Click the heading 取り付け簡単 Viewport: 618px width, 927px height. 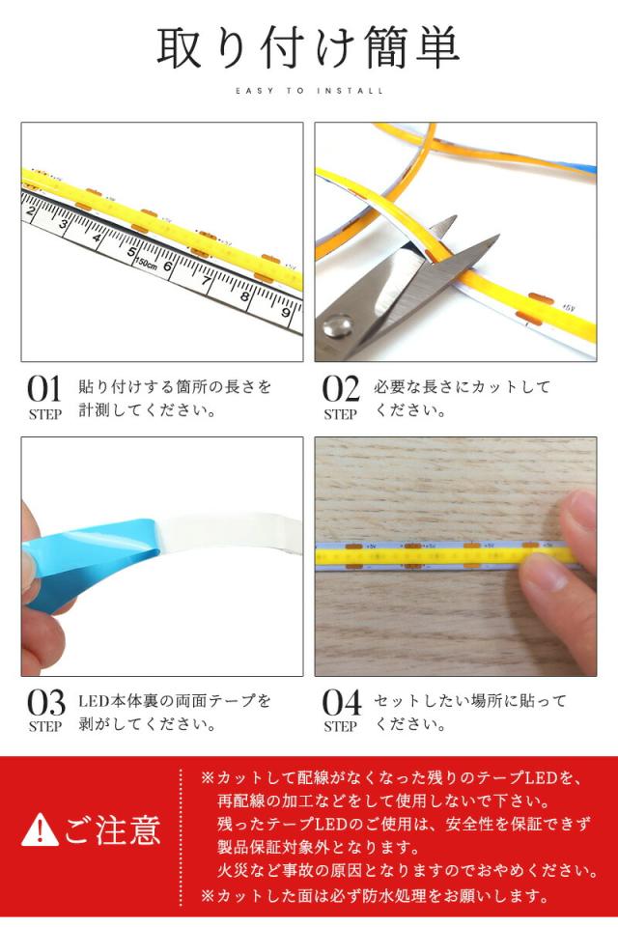[x=308, y=48]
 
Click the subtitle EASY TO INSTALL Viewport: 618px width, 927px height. [x=309, y=91]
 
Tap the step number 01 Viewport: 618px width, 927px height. [x=44, y=389]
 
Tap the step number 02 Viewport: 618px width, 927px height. [x=340, y=389]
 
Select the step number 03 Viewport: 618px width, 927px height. [x=44, y=702]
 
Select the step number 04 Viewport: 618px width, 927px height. [x=340, y=702]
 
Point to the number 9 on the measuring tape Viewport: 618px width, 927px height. [x=286, y=312]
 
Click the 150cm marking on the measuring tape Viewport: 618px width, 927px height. [x=147, y=264]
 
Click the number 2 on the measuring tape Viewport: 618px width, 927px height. [x=31, y=211]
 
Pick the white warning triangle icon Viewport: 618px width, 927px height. [x=40, y=829]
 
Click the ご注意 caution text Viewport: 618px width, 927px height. [x=112, y=829]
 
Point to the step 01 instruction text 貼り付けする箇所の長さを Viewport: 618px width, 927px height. [x=175, y=387]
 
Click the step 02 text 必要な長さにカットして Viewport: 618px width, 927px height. [x=463, y=387]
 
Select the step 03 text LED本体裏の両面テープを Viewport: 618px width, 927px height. [x=175, y=700]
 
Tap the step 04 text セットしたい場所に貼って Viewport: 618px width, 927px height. [x=470, y=700]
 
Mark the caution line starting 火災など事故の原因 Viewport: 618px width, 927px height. [x=407, y=871]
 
